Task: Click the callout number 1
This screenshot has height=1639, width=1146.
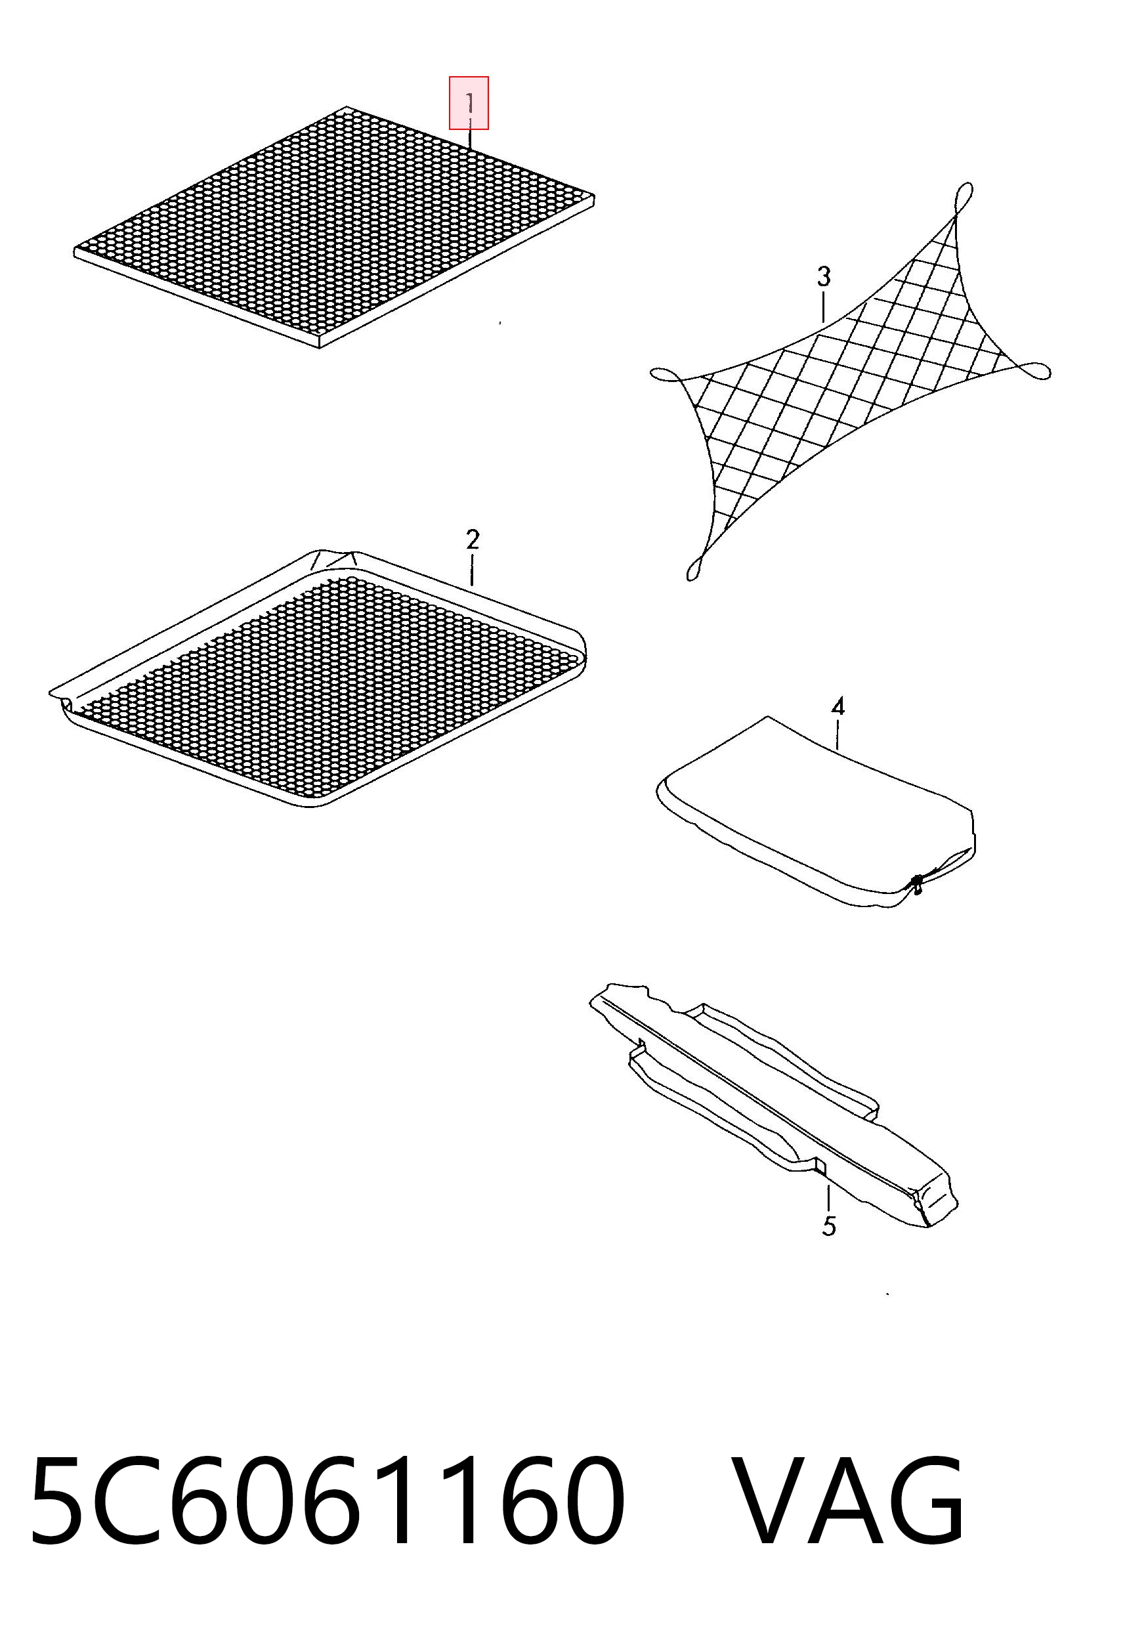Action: click(470, 103)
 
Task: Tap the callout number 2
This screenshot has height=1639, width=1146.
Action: click(472, 540)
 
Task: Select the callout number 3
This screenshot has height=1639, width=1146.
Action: click(824, 276)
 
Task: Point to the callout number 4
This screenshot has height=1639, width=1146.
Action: click(838, 707)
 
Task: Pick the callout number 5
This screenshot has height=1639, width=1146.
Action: click(828, 1226)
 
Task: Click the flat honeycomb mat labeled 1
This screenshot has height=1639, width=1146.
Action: click(334, 227)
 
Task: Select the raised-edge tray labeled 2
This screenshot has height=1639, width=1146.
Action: click(318, 679)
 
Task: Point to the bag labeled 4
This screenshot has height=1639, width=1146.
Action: click(815, 813)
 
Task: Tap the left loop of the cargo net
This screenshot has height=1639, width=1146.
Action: click(666, 374)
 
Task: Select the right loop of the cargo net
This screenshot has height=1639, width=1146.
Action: click(1034, 370)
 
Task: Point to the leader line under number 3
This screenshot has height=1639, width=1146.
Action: click(823, 307)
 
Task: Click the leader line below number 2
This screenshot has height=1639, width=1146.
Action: click(472, 571)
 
